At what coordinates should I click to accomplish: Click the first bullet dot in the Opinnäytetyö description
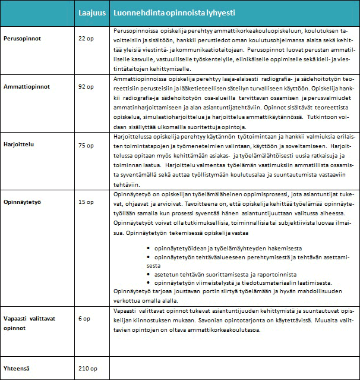click(x=147, y=247)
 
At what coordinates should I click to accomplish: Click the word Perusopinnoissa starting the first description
click(x=132, y=29)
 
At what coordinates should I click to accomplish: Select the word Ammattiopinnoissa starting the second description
click(x=136, y=78)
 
